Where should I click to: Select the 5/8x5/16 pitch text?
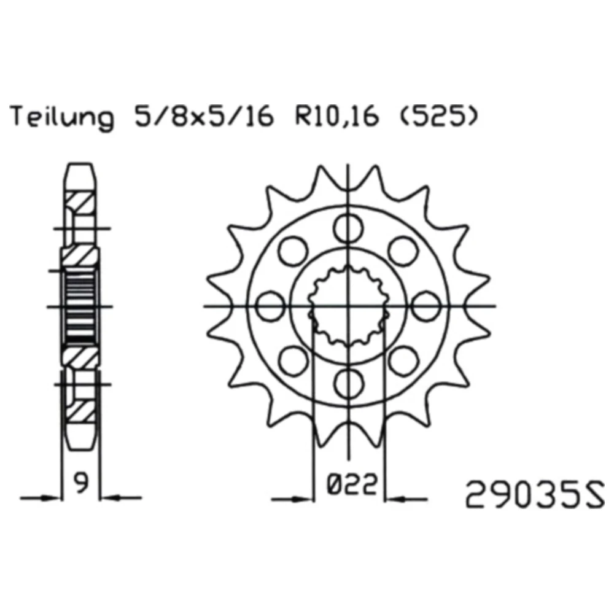tap(203, 116)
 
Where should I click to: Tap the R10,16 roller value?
tap(336, 116)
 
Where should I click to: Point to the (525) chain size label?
tap(438, 116)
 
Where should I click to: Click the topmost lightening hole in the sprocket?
tap(348, 228)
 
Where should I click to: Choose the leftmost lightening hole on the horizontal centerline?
tap(271, 305)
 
